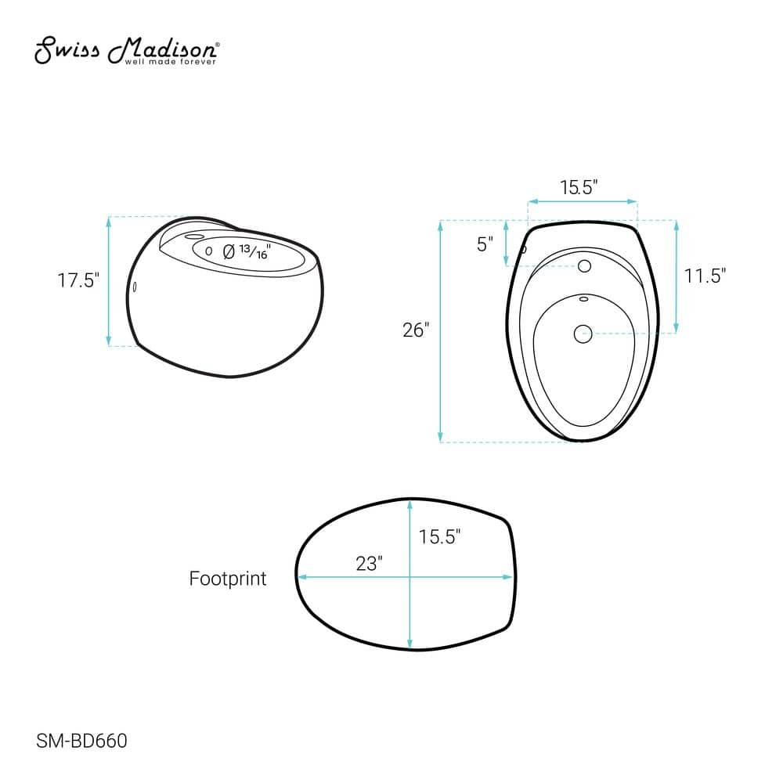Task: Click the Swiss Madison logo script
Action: click(126, 49)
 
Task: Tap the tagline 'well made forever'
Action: click(170, 62)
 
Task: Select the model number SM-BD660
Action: click(82, 741)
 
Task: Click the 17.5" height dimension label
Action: click(78, 280)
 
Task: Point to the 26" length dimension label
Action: click(416, 330)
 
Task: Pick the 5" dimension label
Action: click(485, 244)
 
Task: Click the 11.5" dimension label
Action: click(705, 275)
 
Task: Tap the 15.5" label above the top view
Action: click(579, 187)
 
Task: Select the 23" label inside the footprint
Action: click(369, 564)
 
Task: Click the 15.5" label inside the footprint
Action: click(439, 537)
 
